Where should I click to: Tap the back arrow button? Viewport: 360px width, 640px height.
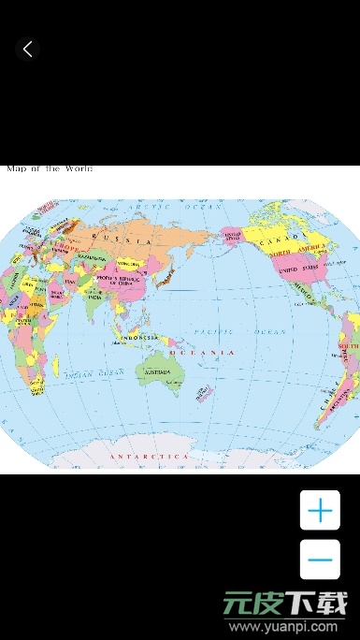27,50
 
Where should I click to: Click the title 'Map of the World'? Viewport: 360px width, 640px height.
50,168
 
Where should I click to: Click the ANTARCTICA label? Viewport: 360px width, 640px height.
150,456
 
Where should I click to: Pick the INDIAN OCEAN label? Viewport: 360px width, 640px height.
94,373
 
